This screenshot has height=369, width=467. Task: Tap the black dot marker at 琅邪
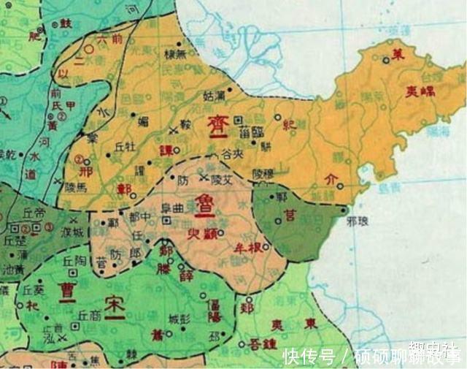(x=344, y=210)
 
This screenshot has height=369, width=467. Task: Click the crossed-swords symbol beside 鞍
(x=173, y=131)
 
